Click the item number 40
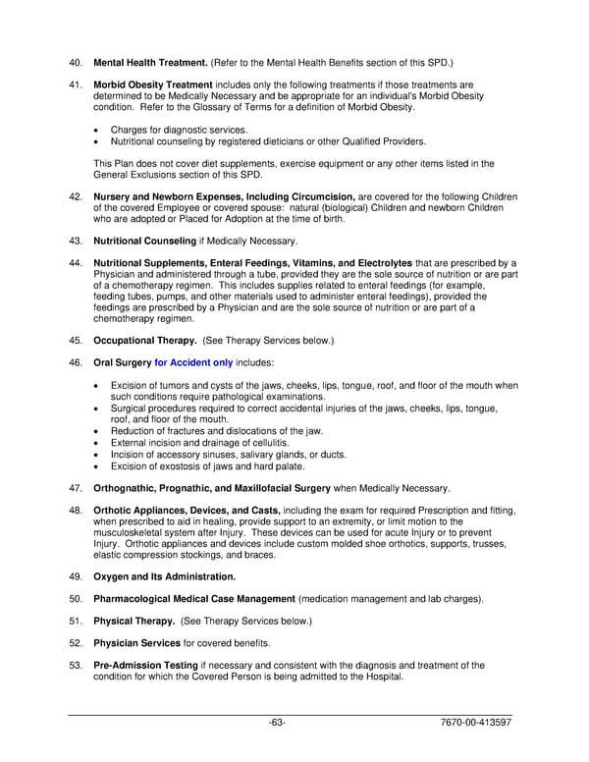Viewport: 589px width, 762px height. coord(75,62)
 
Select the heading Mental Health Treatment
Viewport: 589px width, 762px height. coord(150,62)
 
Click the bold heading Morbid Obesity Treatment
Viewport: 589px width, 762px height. coord(152,85)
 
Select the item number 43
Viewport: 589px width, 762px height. coord(75,241)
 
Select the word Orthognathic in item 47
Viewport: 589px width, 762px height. coord(128,488)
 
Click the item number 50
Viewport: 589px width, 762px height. coord(75,598)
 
